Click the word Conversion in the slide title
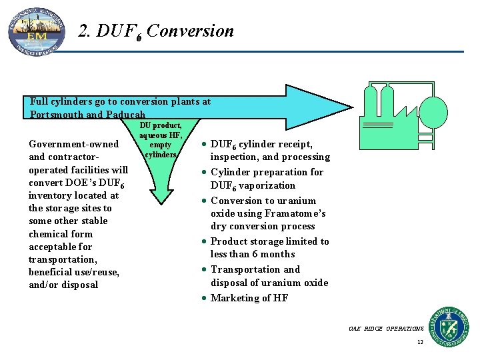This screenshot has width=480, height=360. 191,31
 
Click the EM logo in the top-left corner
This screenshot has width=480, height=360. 37,30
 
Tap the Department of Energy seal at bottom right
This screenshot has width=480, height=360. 449,326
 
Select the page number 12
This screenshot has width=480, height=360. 420,342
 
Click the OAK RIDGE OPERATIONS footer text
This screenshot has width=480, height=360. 386,329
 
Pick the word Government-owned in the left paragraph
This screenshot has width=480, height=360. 73,144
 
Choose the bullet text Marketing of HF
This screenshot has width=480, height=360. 249,298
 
